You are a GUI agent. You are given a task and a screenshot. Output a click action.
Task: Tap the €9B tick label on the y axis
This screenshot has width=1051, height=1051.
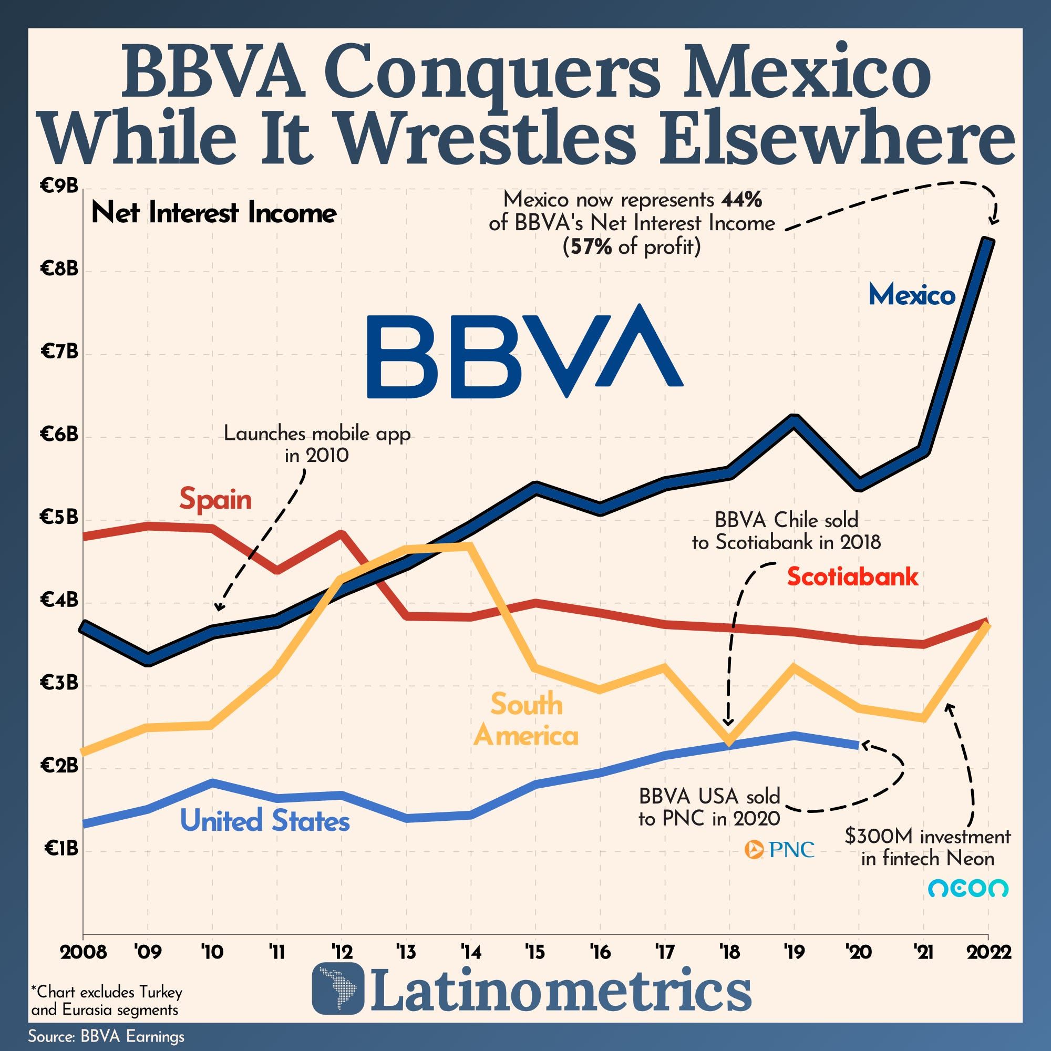(x=59, y=187)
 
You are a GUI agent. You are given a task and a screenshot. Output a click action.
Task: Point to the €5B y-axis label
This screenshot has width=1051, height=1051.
(x=59, y=517)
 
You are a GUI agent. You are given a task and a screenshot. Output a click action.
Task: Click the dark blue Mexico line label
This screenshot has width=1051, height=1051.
(x=912, y=295)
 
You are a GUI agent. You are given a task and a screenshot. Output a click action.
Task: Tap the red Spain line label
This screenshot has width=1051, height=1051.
(x=215, y=499)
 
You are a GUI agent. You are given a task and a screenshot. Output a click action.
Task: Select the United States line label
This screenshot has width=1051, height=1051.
(x=264, y=821)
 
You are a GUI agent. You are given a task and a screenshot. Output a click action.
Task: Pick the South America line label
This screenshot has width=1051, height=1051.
(x=526, y=720)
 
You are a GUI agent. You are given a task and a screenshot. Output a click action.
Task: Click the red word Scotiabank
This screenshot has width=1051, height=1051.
(x=852, y=576)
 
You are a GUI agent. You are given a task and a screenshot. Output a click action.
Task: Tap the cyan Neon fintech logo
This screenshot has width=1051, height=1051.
(x=968, y=889)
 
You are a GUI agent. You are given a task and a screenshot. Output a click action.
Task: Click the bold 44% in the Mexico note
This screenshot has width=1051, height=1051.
(x=741, y=200)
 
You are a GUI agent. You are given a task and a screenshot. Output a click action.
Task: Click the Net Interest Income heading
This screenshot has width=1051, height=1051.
(x=214, y=213)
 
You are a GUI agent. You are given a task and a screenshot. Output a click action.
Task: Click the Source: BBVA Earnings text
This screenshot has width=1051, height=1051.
(x=106, y=1036)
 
